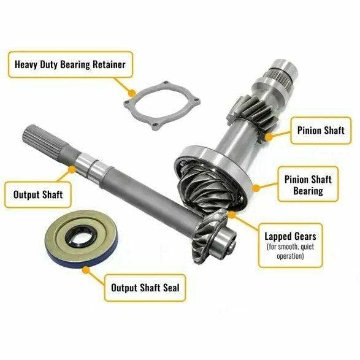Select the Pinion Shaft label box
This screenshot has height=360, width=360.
[x=320, y=130]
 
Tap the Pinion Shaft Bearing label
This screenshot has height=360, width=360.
[x=307, y=185]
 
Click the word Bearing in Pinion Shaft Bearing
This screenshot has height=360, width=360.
[x=307, y=191]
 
